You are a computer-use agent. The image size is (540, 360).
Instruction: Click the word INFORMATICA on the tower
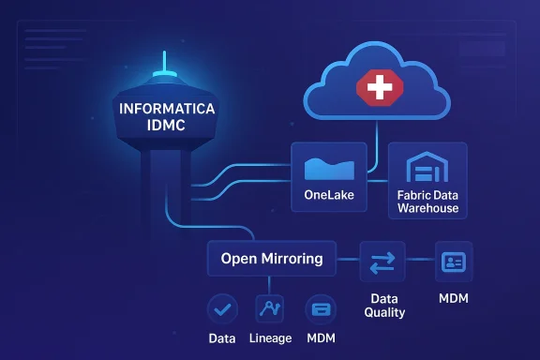click(168, 110)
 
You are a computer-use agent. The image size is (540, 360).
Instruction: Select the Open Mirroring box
click(271, 258)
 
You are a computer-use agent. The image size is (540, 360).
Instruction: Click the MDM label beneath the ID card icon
click(455, 299)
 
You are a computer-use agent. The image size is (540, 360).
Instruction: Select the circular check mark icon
click(221, 307)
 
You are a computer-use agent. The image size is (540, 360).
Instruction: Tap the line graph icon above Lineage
click(270, 307)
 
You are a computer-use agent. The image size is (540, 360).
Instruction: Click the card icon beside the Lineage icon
click(321, 307)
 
